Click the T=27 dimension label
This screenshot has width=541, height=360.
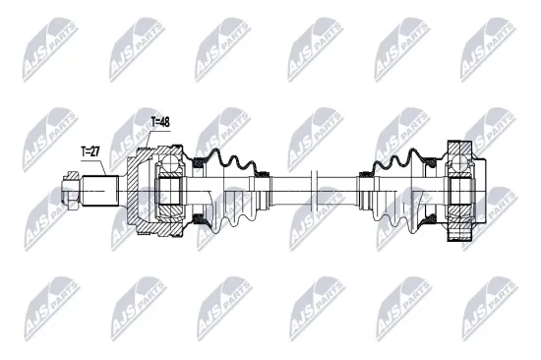point(91,151)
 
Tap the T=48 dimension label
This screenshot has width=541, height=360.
point(159,122)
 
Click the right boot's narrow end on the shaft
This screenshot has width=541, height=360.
point(366,187)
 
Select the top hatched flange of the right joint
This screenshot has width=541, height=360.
point(459,151)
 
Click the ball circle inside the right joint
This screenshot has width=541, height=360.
point(459,165)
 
